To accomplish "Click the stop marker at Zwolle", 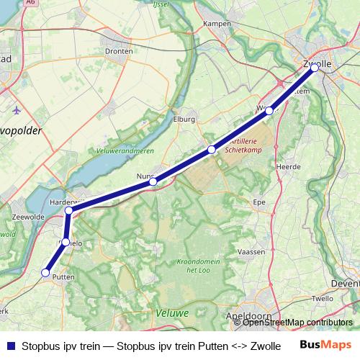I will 315,68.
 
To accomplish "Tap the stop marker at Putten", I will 45,273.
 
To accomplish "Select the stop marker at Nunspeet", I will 153,182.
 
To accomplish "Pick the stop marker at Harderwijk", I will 69,211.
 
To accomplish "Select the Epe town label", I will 259,202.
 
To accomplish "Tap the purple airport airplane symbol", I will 17,110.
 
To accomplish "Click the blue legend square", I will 10,346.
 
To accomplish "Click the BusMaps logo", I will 325,345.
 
